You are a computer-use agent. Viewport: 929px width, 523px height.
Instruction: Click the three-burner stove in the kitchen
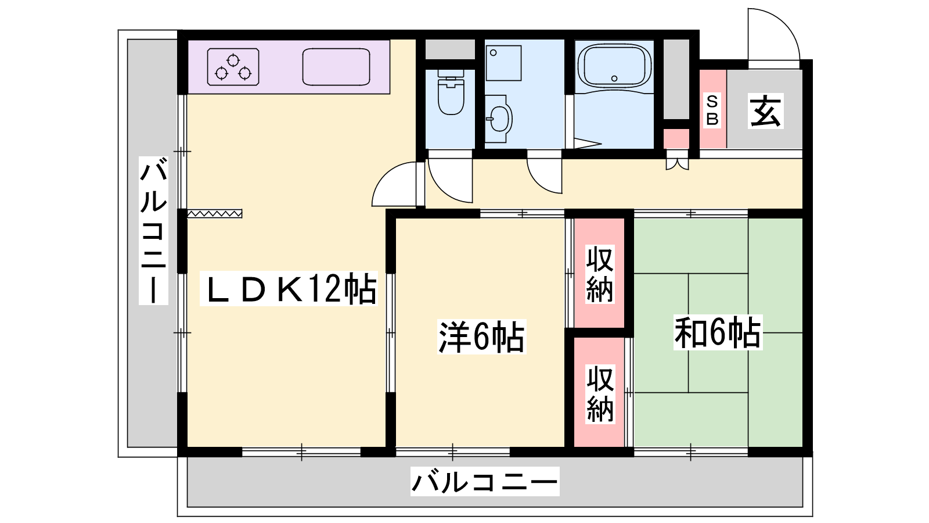click(233, 67)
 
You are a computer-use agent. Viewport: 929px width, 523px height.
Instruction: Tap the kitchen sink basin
click(336, 67)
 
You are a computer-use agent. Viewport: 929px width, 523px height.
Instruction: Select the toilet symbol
click(451, 92)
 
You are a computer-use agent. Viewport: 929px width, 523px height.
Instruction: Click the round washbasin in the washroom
click(499, 119)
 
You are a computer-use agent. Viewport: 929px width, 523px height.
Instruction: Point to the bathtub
click(614, 67)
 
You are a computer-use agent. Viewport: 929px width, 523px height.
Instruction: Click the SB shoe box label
click(712, 110)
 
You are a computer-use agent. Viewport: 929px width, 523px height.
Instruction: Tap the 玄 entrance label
click(766, 111)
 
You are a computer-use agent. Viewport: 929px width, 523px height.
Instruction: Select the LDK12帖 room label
click(289, 289)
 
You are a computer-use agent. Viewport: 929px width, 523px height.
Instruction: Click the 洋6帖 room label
click(481, 336)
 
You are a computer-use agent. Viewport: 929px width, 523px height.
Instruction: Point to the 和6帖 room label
click(718, 332)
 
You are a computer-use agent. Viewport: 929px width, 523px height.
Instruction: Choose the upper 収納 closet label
click(600, 274)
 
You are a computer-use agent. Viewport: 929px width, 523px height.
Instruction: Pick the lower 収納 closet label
click(600, 393)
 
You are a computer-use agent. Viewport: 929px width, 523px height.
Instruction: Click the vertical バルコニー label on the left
click(153, 231)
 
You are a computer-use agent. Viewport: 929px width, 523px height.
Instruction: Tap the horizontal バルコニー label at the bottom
click(485, 482)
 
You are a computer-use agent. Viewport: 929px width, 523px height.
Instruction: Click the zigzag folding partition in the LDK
click(214, 214)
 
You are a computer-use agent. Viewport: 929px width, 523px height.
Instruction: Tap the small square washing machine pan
click(503, 63)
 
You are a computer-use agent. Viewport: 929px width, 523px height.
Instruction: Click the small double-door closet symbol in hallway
click(677, 163)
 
